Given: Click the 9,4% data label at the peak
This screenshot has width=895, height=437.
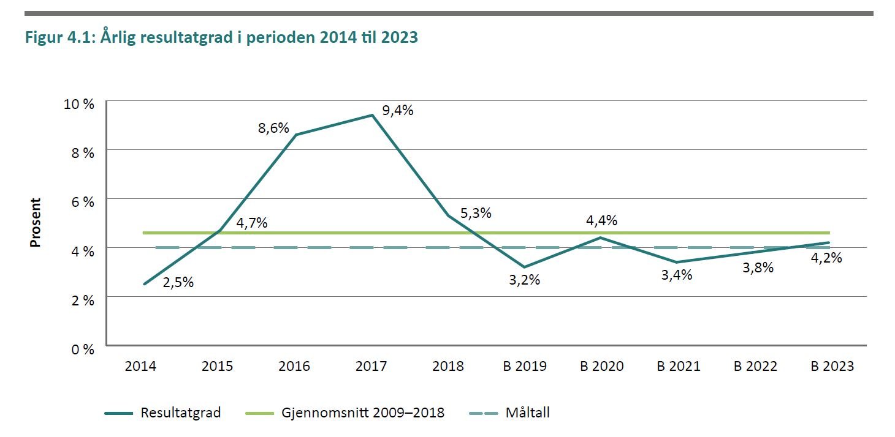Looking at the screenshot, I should (x=398, y=111).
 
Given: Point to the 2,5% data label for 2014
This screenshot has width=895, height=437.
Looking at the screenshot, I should (x=178, y=283).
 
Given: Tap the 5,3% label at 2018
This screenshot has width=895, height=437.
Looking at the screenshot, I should (x=476, y=214).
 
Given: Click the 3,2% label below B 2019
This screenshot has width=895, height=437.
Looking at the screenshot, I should (x=525, y=280).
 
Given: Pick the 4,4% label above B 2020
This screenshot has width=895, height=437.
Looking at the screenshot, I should (x=601, y=220).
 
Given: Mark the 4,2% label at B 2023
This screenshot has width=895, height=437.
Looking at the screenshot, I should (x=826, y=258).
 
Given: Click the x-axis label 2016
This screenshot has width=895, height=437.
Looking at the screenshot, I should (x=294, y=367).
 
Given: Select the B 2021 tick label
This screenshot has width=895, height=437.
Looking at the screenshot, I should (x=679, y=367).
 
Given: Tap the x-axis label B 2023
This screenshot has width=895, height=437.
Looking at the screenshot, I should (x=832, y=367).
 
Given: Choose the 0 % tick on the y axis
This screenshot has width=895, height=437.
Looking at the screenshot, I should (x=84, y=349).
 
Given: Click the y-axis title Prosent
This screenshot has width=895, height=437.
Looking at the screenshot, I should (x=36, y=222).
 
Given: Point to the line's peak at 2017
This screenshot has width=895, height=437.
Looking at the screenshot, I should (x=371, y=115).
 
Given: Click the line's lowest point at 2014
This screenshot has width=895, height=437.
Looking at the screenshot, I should (x=144, y=284).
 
